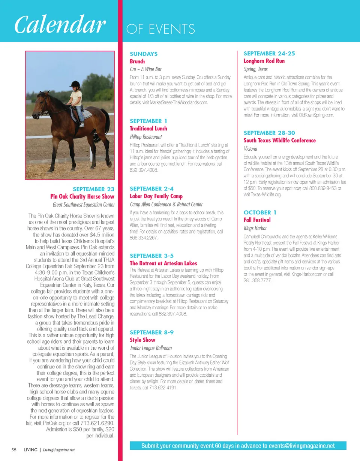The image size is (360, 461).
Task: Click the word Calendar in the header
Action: (59, 24)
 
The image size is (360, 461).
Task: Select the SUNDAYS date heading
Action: (144, 54)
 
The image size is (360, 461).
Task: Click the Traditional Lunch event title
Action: (148, 129)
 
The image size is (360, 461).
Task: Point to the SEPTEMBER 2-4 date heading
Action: (151, 189)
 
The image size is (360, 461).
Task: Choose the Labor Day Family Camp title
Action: (156, 196)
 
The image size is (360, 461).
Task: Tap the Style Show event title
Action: (142, 340)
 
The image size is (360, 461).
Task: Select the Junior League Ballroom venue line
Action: (151, 348)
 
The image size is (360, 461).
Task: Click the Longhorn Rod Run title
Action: (264, 61)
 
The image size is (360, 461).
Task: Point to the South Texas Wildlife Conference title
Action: (280, 141)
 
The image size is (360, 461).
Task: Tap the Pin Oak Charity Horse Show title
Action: (82, 196)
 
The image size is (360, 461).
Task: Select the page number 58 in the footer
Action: (13, 449)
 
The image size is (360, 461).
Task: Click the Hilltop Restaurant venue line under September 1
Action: (146, 137)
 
